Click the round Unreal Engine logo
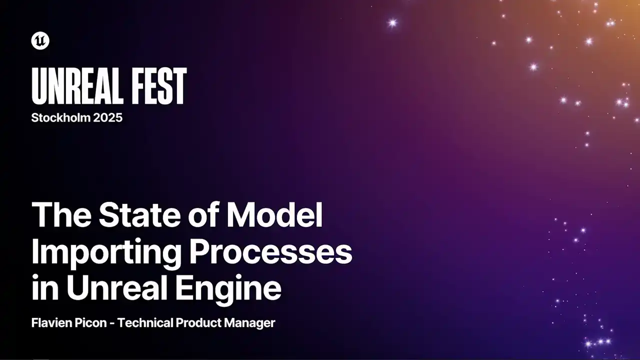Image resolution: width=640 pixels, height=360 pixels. click(40, 40)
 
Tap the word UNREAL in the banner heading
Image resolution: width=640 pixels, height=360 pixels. click(77, 86)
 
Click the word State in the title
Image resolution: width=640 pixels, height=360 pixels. click(139, 214)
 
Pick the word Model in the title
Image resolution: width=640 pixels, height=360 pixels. click(274, 214)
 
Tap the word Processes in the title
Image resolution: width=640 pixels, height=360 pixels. click(271, 251)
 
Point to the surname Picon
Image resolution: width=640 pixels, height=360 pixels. click(91, 323)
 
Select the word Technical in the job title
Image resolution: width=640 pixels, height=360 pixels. click(145, 323)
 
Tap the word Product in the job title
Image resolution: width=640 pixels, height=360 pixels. click(199, 323)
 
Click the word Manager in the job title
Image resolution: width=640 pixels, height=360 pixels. click(249, 323)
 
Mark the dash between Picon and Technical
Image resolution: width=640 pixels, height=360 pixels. click(112, 324)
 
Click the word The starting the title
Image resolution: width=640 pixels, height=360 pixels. click(61, 214)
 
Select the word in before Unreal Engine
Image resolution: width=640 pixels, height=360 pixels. click(45, 287)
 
